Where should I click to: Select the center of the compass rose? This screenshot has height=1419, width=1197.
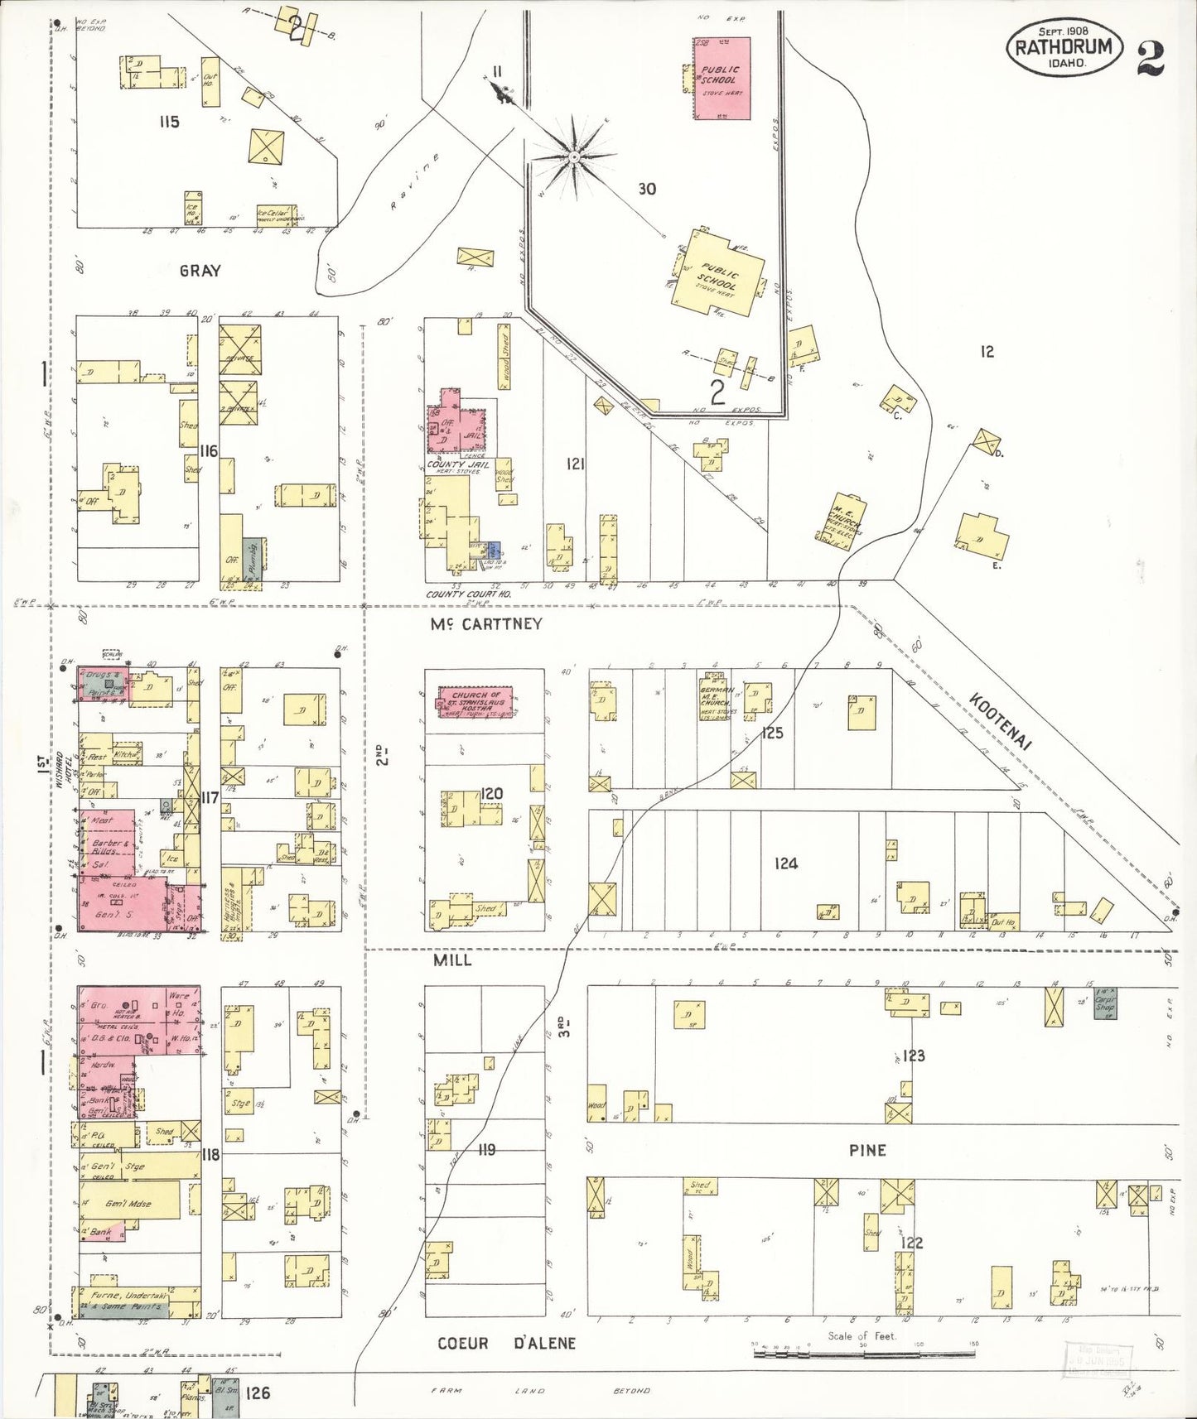pos(574,155)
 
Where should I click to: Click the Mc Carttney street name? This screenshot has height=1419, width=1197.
pos(485,624)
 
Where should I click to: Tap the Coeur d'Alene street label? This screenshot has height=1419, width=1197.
pos(506,1343)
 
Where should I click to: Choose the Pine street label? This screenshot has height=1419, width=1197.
pos(867,1150)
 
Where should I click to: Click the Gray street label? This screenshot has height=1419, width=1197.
pos(200,270)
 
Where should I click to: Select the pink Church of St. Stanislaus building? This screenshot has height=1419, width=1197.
pos(474,701)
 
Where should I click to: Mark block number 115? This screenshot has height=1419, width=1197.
pos(169,122)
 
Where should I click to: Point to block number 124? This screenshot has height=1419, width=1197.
pos(785,863)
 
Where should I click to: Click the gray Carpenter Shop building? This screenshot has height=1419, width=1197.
pos(1105,1003)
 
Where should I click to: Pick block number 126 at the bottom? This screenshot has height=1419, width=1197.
pos(258,1393)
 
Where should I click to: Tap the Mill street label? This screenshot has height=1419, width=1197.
pos(452,960)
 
